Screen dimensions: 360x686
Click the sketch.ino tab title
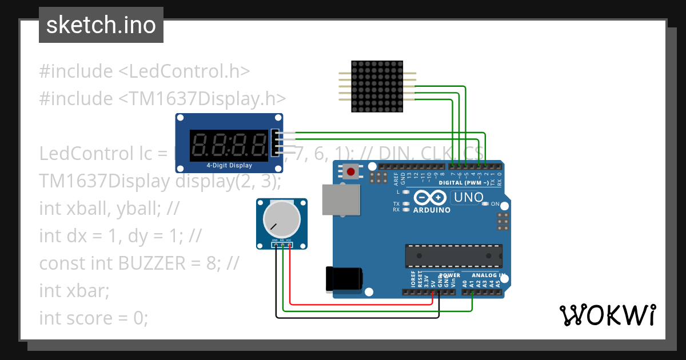[101, 25]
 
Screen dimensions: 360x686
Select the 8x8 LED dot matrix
[377, 86]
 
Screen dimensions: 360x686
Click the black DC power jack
[343, 278]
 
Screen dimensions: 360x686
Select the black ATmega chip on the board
[454, 255]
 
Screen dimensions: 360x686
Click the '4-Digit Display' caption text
[229, 166]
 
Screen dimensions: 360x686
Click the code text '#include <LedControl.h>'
[145, 71]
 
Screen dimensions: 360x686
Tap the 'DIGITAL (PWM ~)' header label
[464, 183]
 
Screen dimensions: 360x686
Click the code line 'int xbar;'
[74, 290]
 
